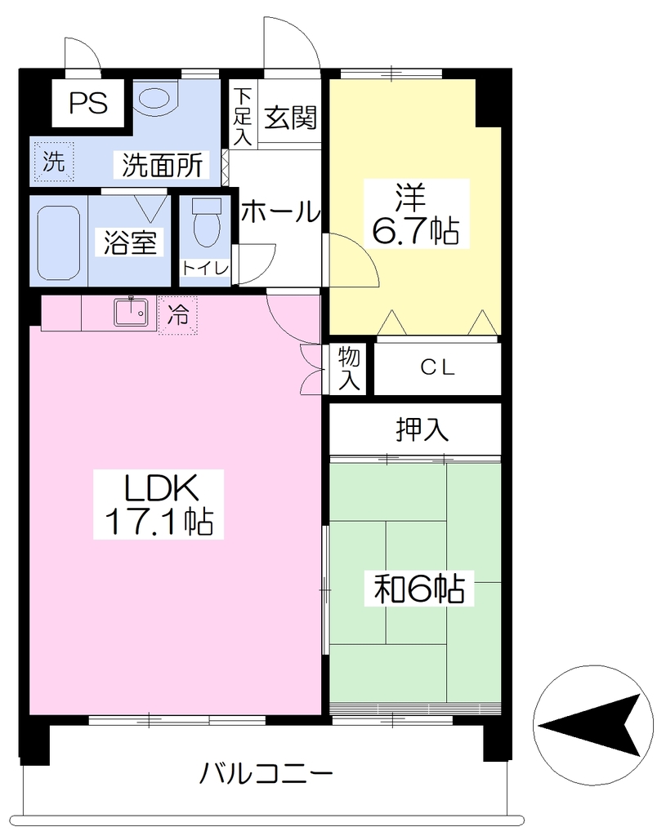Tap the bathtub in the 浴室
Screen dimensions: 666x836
59,242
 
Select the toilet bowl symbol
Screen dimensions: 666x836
206,224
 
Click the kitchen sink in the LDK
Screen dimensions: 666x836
131,312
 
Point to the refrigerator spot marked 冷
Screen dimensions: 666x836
177,315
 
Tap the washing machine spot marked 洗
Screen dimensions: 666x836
53,161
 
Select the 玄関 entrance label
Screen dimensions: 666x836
291,118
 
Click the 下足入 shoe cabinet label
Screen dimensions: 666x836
243,116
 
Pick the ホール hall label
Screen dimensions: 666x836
280,211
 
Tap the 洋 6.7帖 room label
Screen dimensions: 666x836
415,213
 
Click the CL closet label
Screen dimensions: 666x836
437,367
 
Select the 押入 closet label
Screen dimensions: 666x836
422,429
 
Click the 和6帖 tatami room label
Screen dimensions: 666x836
419,588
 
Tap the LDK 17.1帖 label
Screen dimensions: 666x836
159,504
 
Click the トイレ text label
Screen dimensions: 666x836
205,268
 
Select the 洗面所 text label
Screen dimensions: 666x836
163,165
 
